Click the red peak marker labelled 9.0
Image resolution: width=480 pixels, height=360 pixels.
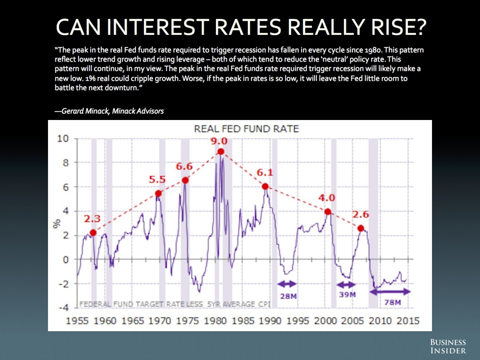tap(220, 152)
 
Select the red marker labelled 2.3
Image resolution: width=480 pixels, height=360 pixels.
tap(93, 233)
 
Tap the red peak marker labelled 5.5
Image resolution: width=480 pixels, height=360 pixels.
tap(158, 194)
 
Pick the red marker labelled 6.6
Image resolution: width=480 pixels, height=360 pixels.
tap(185, 180)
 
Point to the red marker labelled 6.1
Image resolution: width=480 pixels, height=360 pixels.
tap(265, 186)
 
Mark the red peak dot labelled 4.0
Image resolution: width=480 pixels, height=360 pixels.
tap(328, 212)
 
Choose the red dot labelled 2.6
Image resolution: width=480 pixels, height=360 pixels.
tap(361, 228)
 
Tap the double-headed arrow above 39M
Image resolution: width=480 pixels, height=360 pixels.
tap(346, 285)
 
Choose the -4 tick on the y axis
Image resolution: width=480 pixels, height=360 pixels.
tap(63, 308)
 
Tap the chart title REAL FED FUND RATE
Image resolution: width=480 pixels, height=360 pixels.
tap(246, 129)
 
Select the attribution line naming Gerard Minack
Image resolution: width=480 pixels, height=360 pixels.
tap(109, 111)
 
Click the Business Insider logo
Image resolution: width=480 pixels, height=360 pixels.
tap(448, 346)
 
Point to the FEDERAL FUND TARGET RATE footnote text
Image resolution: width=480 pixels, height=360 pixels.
tap(175, 304)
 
